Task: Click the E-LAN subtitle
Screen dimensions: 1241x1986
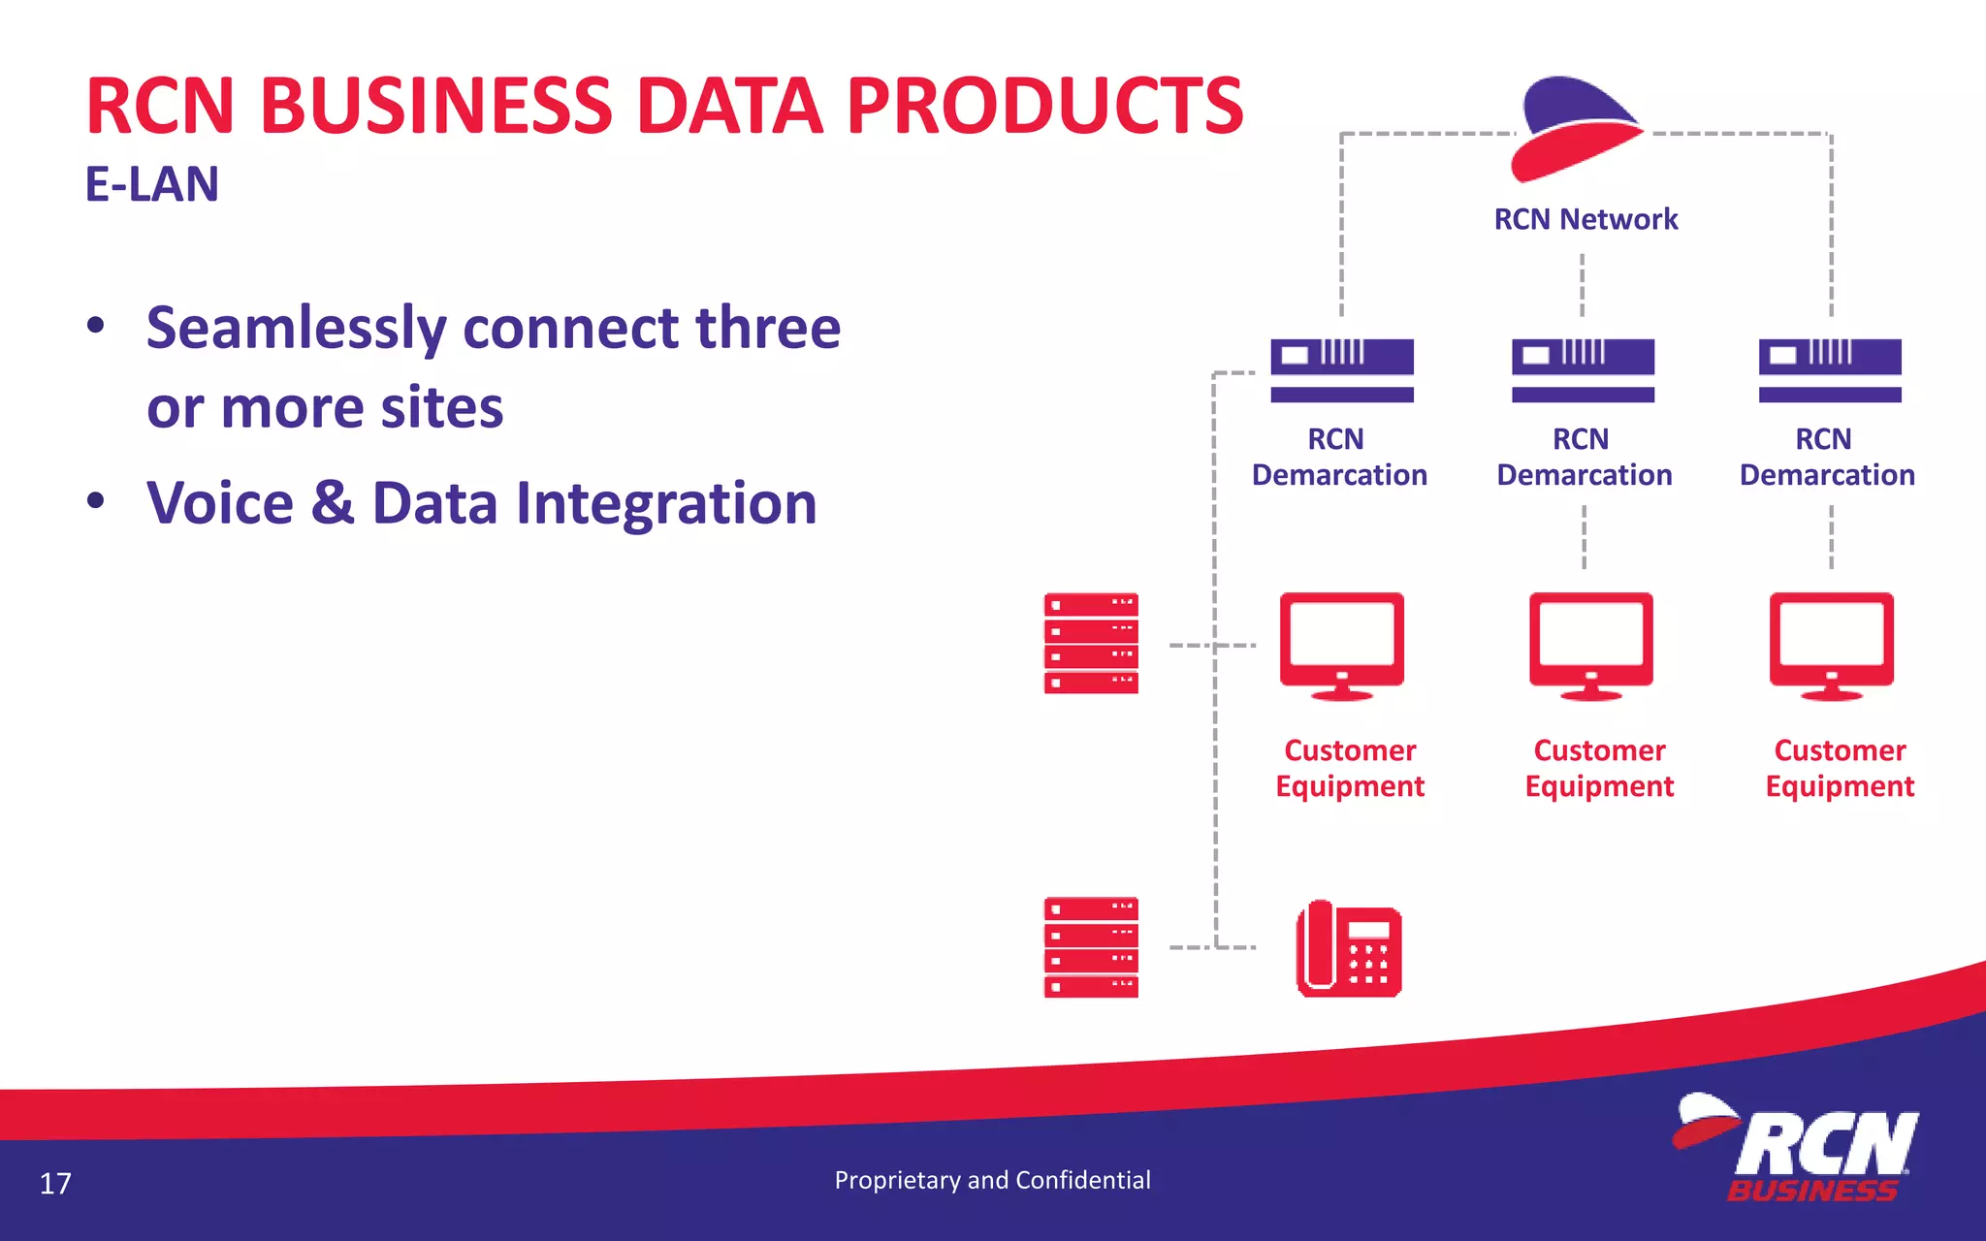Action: (x=152, y=184)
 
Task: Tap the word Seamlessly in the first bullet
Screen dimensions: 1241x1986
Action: (x=296, y=328)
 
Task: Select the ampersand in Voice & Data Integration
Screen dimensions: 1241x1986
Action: (x=333, y=503)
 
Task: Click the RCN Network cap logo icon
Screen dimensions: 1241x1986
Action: (x=1576, y=128)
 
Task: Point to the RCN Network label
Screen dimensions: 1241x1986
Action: (x=1586, y=219)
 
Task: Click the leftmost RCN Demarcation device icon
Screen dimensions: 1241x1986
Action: (x=1342, y=369)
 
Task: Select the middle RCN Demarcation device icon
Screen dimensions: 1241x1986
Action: (x=1583, y=369)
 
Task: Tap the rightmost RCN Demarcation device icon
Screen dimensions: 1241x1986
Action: (x=1830, y=369)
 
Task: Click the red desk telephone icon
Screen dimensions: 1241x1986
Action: (x=1349, y=949)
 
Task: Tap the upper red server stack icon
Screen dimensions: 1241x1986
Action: (x=1091, y=644)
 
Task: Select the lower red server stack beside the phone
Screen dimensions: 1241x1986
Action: (x=1091, y=947)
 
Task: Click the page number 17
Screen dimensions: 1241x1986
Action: (x=55, y=1184)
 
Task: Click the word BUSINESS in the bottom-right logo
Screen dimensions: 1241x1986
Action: (x=1811, y=1191)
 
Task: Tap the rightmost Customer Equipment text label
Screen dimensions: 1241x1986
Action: (x=1840, y=768)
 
